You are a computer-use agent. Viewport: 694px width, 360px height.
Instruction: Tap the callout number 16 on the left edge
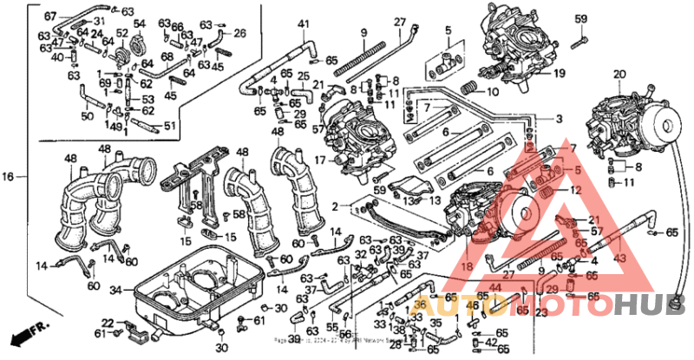[8, 177]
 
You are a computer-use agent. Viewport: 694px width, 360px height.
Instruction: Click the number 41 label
[303, 23]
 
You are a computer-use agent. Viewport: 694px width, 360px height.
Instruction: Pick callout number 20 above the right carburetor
[619, 75]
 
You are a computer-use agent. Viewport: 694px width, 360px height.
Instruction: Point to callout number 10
[492, 92]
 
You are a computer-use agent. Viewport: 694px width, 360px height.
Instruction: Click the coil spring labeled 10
[468, 87]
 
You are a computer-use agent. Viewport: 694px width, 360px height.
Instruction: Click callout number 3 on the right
[559, 119]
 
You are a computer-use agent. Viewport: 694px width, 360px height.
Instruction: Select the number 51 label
[169, 126]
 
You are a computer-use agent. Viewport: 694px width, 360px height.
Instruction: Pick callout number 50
[87, 115]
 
